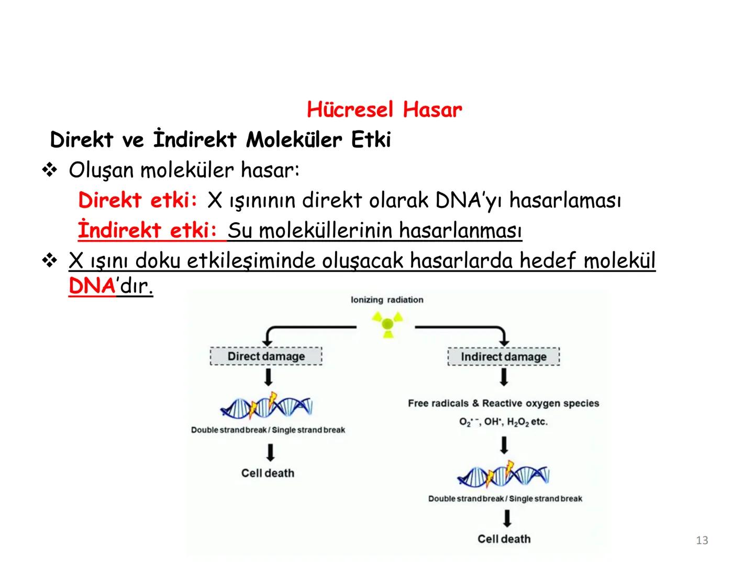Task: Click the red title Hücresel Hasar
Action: click(384, 110)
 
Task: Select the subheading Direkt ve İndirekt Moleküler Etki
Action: click(220, 140)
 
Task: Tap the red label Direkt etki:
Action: click(138, 200)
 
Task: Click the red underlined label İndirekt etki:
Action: click(151, 230)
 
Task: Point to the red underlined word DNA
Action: click(92, 286)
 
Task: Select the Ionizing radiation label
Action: click(387, 300)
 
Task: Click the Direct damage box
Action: click(266, 356)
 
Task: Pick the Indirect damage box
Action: click(504, 357)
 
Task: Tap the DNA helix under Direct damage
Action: click(267, 406)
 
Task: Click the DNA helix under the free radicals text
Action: click(503, 475)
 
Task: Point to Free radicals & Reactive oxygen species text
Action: click(503, 403)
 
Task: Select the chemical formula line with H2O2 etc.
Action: click(503, 422)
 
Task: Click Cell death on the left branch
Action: click(268, 473)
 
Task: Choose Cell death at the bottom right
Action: click(504, 539)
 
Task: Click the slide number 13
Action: click(702, 540)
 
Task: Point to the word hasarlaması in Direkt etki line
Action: click(564, 200)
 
